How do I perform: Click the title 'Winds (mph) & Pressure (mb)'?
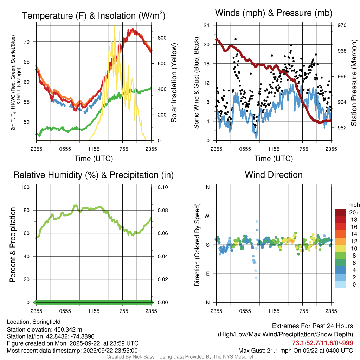pos(274,13)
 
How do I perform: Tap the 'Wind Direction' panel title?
pos(274,175)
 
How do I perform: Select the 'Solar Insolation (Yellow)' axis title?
pos(174,83)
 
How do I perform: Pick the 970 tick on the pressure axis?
pos(342,25)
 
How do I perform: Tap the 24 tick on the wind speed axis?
pos(207,25)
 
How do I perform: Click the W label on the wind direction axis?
pos(208,216)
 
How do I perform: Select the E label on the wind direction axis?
pos(208,274)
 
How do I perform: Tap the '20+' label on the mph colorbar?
pos(354,212)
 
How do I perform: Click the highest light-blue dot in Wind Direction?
pos(257,221)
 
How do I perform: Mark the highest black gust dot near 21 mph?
pos(236,39)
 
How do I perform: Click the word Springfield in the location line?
pos(46,322)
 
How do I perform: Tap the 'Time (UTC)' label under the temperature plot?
pos(94,159)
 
